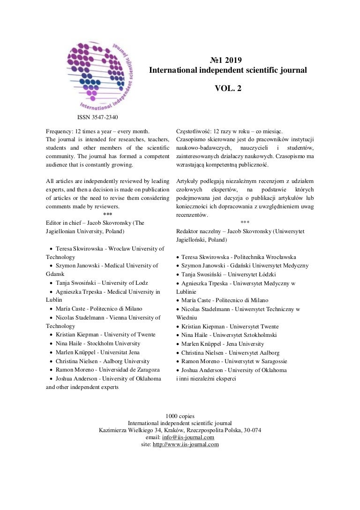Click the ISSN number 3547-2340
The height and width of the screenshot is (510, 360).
coord(104,117)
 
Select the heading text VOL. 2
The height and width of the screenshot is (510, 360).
coord(227,87)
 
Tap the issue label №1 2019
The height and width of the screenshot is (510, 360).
coord(227,60)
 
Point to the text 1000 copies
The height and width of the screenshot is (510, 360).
coord(180,416)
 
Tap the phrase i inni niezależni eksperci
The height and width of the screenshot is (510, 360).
coord(206,379)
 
